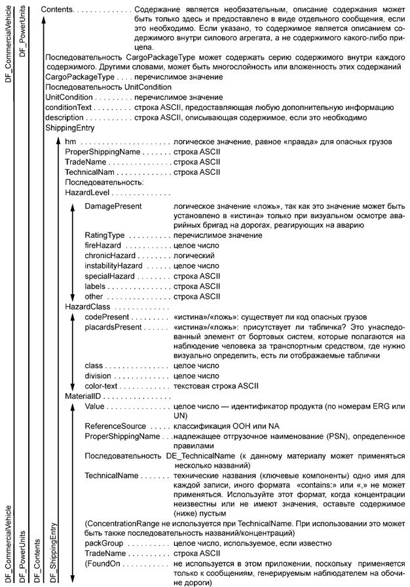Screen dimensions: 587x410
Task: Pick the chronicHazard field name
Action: point(109,256)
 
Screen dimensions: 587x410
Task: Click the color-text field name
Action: point(103,387)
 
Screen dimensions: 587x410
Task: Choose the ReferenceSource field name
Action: point(115,426)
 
